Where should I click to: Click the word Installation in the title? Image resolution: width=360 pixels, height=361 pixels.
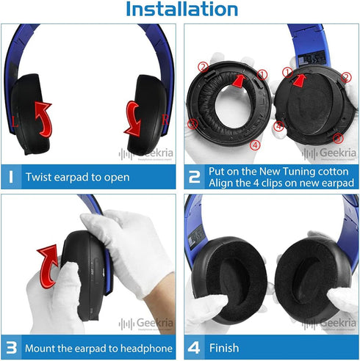(181, 10)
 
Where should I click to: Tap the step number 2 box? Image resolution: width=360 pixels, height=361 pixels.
(193, 176)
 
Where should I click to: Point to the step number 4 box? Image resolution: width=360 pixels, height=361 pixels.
(193, 349)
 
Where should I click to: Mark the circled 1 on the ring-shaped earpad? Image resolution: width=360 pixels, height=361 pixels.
(262, 74)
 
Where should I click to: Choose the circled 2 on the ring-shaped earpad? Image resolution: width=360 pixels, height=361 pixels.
(202, 67)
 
